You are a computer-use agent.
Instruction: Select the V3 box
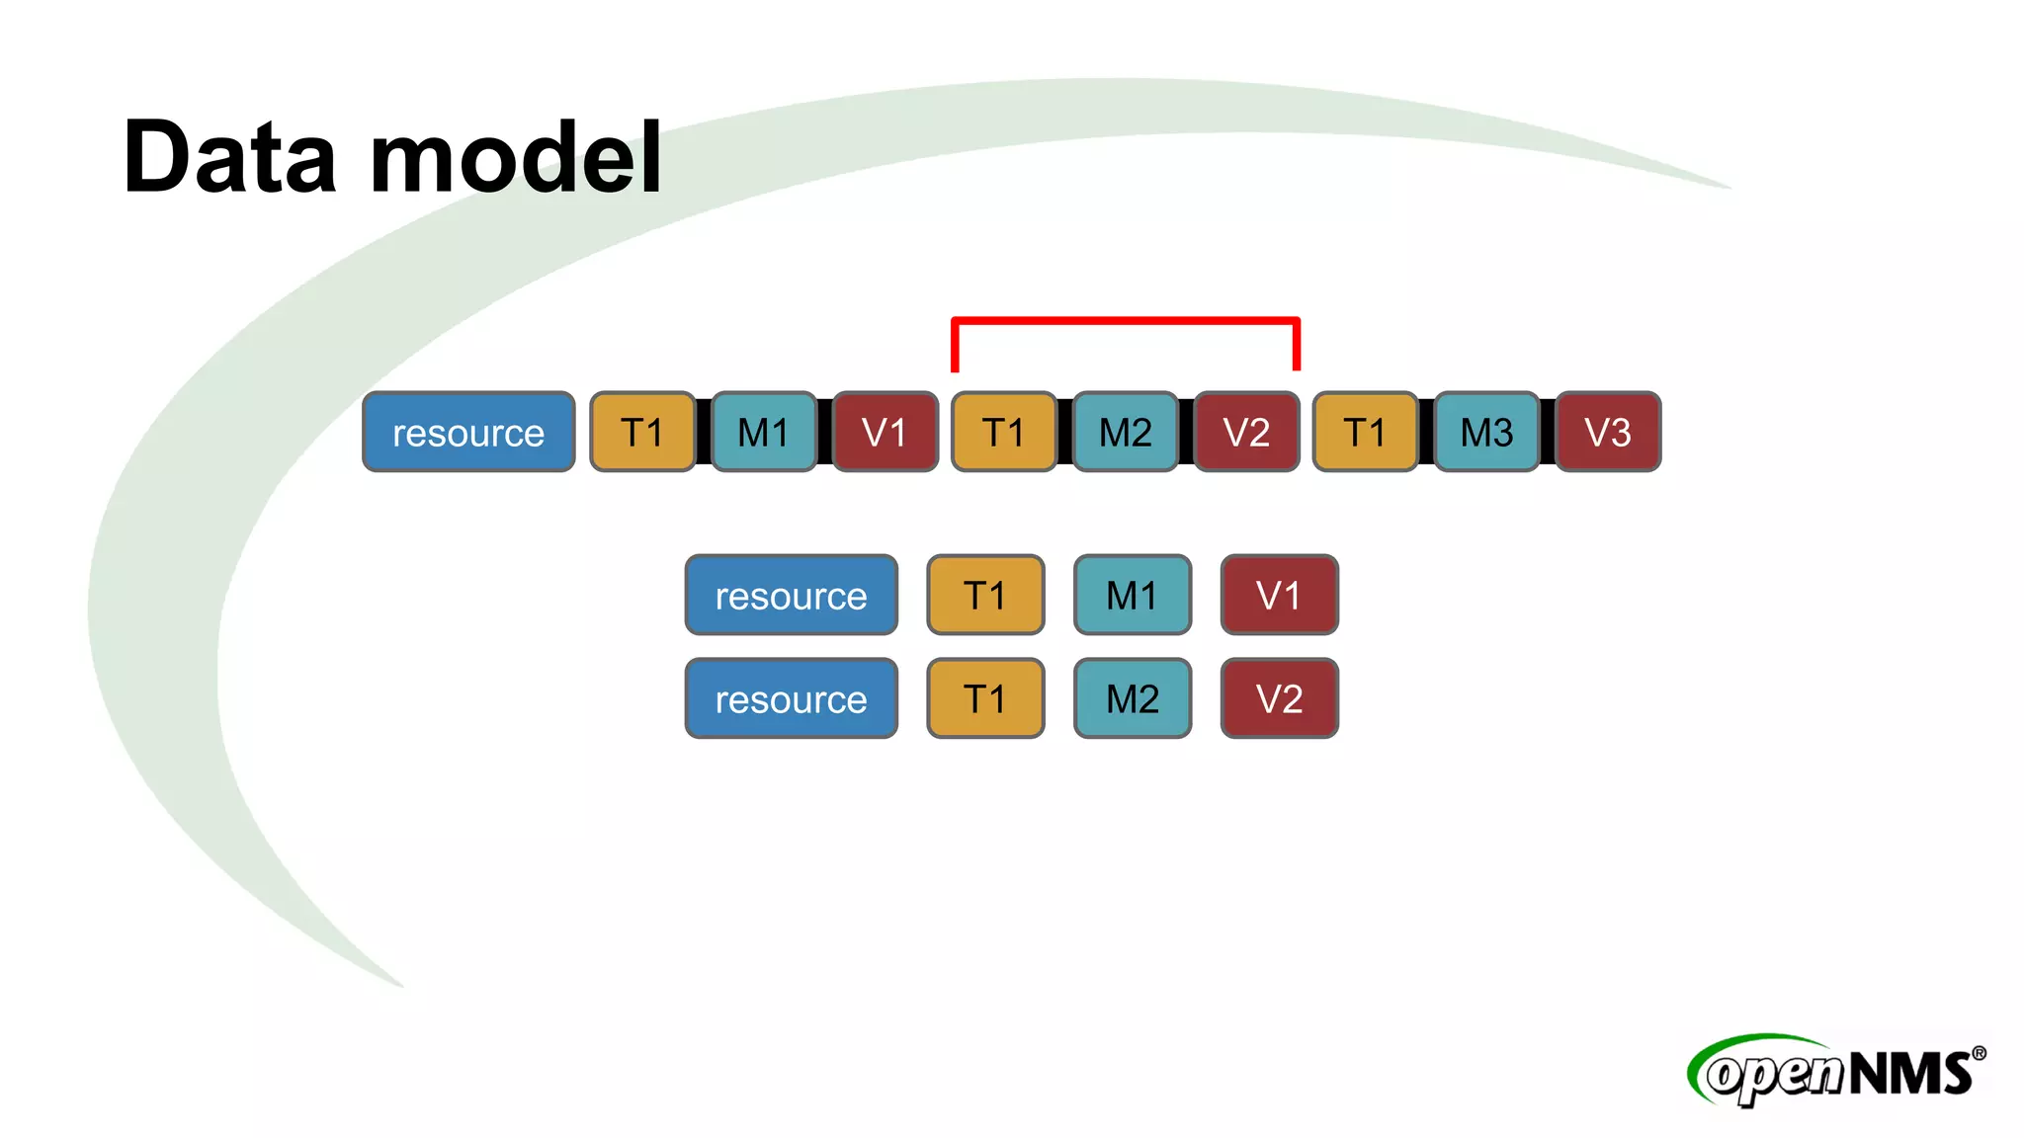(x=1608, y=432)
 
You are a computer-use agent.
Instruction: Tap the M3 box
(x=1486, y=432)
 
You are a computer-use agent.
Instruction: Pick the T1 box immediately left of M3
(x=1365, y=432)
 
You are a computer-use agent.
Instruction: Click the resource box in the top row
(x=468, y=432)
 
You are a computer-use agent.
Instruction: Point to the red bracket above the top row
(x=1125, y=321)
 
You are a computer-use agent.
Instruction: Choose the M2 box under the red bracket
(x=1125, y=432)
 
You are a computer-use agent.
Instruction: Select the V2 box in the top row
(x=1246, y=432)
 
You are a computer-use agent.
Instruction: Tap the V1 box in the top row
(x=885, y=432)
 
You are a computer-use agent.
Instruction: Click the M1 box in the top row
(x=763, y=432)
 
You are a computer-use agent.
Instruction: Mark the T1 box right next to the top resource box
(x=642, y=432)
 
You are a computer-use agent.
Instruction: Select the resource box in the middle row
(x=791, y=595)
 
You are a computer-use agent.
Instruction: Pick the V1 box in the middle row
(x=1279, y=595)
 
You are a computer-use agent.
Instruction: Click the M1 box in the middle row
(x=1133, y=595)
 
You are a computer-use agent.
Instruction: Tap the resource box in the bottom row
(x=791, y=698)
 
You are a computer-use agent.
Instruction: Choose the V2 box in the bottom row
(x=1279, y=698)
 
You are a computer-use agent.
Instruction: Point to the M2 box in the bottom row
(x=1133, y=698)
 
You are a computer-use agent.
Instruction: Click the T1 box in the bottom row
(x=985, y=698)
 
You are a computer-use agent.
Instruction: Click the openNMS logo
(x=1836, y=1071)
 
